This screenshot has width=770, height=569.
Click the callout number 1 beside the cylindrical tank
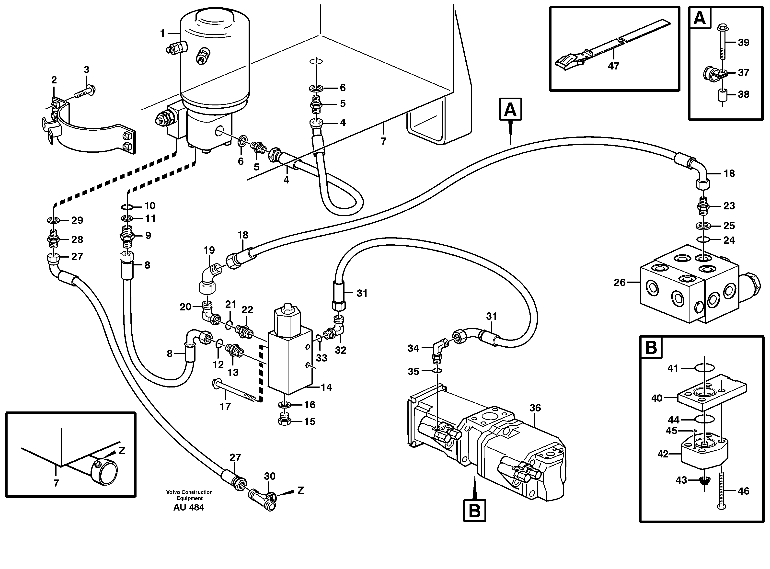[163, 34]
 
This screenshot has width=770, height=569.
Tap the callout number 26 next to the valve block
[620, 283]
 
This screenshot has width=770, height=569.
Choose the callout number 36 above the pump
[535, 408]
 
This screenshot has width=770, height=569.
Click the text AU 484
[189, 507]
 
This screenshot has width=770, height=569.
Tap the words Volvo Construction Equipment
[189, 495]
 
